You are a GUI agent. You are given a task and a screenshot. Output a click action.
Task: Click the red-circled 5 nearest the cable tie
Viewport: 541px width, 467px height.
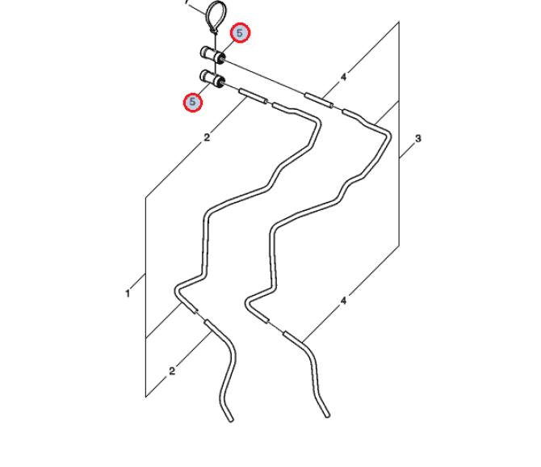pos(240,33)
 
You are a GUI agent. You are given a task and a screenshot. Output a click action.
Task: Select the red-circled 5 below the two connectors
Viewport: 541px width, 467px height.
pos(192,102)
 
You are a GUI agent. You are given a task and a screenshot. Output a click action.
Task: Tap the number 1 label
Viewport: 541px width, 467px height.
pos(128,294)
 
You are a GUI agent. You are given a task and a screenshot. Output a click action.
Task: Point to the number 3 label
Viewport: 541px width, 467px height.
pos(418,139)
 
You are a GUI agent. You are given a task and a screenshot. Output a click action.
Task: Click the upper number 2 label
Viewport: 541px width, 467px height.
pos(207,137)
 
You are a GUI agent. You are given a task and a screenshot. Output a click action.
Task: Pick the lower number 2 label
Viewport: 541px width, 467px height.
pos(172,371)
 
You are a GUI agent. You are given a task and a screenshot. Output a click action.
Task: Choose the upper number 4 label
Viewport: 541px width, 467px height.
pos(343,77)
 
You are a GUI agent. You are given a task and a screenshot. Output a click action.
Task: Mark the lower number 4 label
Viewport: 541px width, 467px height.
pos(343,301)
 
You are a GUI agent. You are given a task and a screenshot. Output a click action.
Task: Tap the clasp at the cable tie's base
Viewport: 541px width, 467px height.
pos(214,31)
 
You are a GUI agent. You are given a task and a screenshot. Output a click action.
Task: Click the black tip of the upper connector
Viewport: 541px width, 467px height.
pos(222,60)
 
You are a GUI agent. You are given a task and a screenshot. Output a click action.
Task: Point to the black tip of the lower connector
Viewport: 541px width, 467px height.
pos(221,82)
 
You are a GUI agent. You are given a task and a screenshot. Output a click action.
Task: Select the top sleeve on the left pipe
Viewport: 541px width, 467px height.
pos(254,95)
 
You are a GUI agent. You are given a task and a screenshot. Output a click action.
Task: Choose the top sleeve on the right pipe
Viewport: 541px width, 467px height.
pos(318,100)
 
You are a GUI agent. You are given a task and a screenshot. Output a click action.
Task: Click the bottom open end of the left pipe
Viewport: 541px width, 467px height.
pos(230,419)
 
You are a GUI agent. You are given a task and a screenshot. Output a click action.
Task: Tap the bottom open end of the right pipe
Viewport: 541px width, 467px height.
pos(327,414)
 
